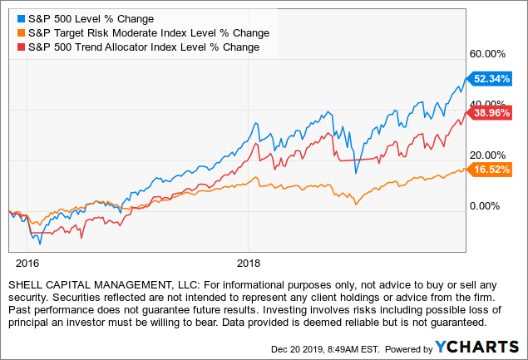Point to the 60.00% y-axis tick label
(x=488, y=53)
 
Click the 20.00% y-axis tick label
(x=488, y=155)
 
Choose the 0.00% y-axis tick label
(x=491, y=206)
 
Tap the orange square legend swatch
(x=21, y=32)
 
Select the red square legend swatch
(x=21, y=47)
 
